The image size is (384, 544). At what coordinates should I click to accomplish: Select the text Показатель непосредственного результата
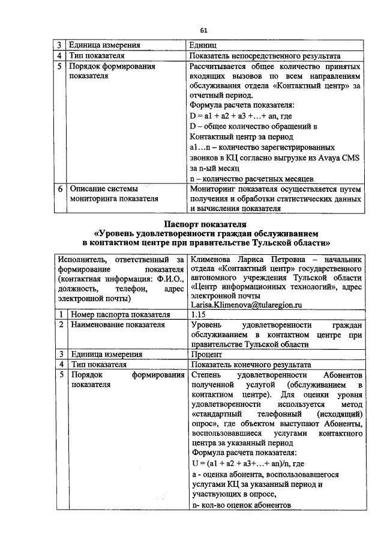click(x=265, y=55)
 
